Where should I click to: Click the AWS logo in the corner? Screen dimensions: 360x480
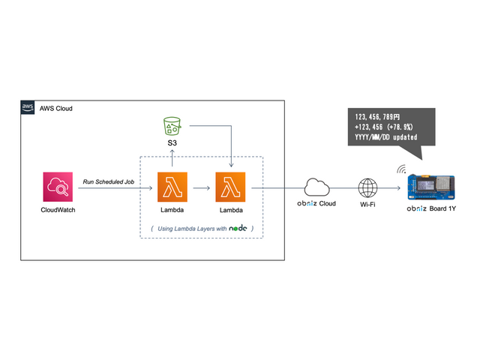pos(28,108)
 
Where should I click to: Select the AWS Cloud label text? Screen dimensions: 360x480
pos(56,109)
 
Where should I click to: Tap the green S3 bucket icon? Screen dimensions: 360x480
pos(172,125)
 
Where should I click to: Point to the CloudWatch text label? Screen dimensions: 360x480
pos(58,210)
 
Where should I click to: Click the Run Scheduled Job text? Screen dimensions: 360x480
pos(109,181)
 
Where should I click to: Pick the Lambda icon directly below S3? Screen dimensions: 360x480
pos(172,187)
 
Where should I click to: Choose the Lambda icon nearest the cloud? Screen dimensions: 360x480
pos(231,187)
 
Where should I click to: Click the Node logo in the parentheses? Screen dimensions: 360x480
pos(238,228)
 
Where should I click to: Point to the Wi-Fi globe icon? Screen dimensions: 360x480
pos(367,187)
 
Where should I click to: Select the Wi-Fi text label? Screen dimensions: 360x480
pos(367,204)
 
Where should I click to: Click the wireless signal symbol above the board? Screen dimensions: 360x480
pos(403,169)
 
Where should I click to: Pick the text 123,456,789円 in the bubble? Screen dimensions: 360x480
pos(378,118)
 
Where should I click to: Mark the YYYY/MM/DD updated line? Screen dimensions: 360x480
pos(385,137)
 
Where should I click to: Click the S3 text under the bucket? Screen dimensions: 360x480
pos(172,142)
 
